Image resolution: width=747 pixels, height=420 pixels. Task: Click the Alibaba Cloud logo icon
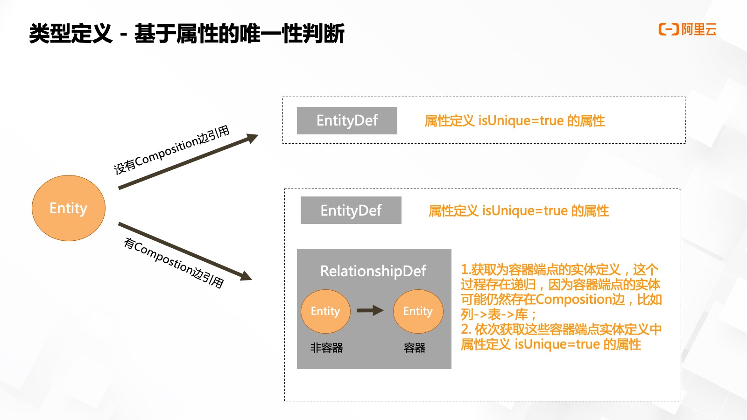(668, 29)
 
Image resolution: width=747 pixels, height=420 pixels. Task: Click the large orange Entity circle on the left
(69, 208)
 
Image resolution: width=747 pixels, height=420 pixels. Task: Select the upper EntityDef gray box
(347, 120)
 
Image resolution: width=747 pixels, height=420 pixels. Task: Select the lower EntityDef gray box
(351, 210)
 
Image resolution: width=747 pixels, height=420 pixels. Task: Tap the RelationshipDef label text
(373, 271)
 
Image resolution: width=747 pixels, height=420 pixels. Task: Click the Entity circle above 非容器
(325, 311)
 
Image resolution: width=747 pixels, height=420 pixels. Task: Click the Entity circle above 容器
(418, 311)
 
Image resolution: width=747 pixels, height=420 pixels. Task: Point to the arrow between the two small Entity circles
(370, 311)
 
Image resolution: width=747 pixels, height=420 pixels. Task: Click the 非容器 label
(326, 348)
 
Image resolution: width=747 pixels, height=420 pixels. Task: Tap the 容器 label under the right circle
(415, 348)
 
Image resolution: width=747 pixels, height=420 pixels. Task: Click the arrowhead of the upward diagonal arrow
(253, 138)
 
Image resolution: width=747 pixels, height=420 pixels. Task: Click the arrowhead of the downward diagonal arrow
(246, 276)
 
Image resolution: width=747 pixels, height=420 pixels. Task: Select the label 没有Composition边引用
(172, 150)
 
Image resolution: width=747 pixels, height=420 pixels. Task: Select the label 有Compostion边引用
(174, 263)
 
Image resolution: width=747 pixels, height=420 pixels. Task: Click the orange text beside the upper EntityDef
(514, 121)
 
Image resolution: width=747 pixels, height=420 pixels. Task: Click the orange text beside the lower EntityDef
(519, 211)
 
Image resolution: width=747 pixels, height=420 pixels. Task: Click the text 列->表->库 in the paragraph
(494, 314)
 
